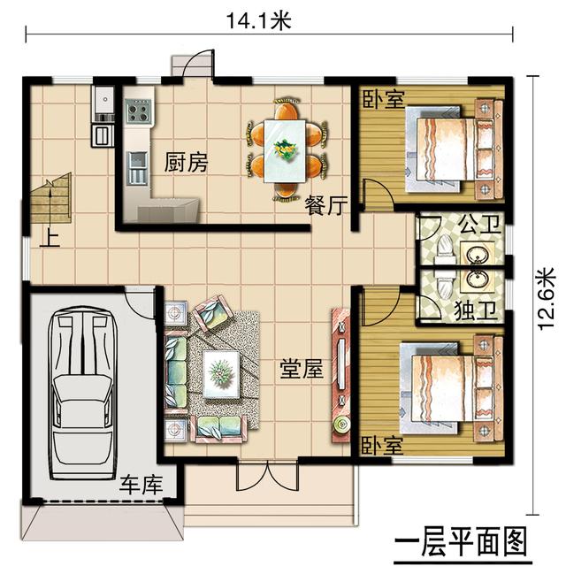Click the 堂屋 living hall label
[300, 370]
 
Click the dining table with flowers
[287, 148]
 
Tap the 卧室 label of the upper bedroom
[383, 99]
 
